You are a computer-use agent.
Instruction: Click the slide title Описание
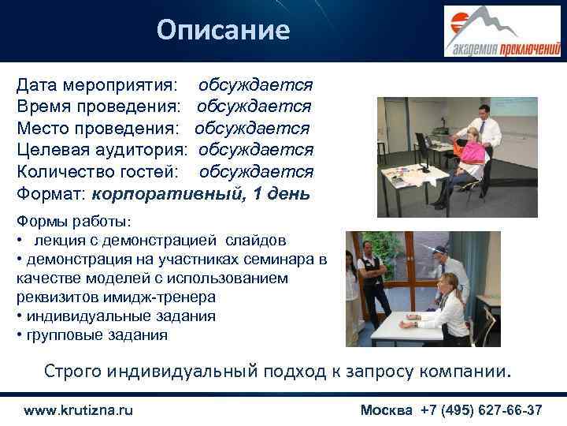(223, 30)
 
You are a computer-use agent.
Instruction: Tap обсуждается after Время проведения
(254, 106)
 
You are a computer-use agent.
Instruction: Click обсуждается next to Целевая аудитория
(256, 149)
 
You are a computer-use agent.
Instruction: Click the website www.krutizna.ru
(79, 410)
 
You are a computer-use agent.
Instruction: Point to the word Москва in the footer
(387, 410)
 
